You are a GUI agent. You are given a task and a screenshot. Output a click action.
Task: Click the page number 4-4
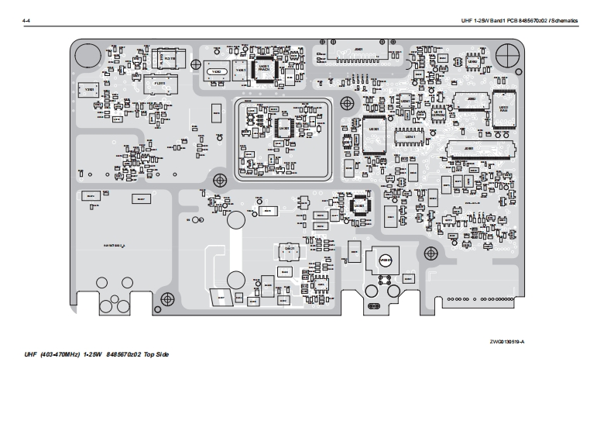click(x=26, y=20)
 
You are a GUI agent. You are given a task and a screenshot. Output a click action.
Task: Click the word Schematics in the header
click(x=564, y=20)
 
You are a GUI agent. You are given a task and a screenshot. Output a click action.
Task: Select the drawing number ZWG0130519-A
click(x=506, y=342)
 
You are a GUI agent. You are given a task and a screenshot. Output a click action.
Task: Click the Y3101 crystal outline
click(x=90, y=91)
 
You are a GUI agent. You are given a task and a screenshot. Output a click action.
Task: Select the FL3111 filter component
click(x=160, y=83)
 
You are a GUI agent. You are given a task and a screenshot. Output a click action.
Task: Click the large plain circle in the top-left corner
click(x=87, y=53)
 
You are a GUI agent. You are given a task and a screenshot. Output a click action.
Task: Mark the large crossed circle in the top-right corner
click(x=507, y=53)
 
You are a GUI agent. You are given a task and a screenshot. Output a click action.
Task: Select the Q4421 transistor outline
click(x=287, y=250)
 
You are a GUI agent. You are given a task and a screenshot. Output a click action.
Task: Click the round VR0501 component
click(x=385, y=260)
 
